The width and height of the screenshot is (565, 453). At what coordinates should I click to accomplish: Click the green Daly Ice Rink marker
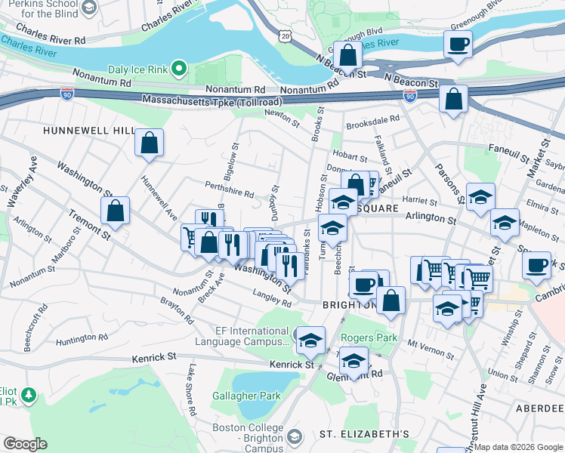[x=179, y=69]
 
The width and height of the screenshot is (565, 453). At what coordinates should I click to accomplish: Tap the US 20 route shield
[x=283, y=35]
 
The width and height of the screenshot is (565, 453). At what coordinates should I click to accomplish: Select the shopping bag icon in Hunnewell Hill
[x=150, y=142]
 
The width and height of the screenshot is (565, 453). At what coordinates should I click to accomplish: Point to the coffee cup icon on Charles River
[x=458, y=44]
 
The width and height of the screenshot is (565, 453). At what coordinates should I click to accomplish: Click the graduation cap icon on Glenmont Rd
[x=354, y=359]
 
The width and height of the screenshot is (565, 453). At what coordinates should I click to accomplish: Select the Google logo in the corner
[x=24, y=444]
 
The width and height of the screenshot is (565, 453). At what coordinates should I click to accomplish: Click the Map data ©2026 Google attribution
[x=518, y=447]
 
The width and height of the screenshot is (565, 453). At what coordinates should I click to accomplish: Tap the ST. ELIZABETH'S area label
[x=363, y=434]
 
